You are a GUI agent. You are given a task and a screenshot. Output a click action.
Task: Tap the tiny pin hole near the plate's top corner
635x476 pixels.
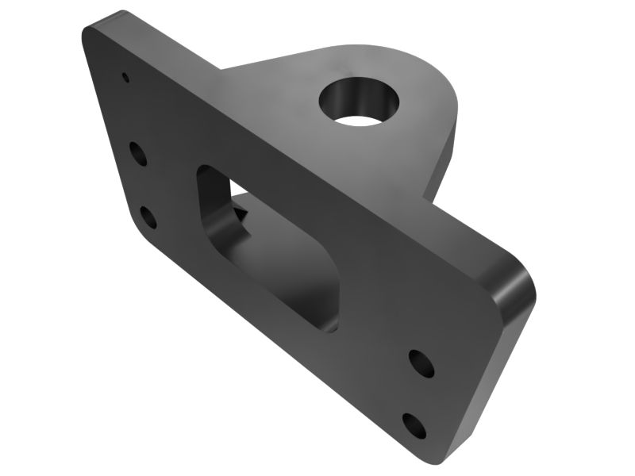tap(125, 78)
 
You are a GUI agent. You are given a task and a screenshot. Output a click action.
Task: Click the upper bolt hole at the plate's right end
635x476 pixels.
tap(421, 363)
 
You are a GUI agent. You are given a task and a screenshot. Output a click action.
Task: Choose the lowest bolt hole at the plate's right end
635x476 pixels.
tap(414, 426)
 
